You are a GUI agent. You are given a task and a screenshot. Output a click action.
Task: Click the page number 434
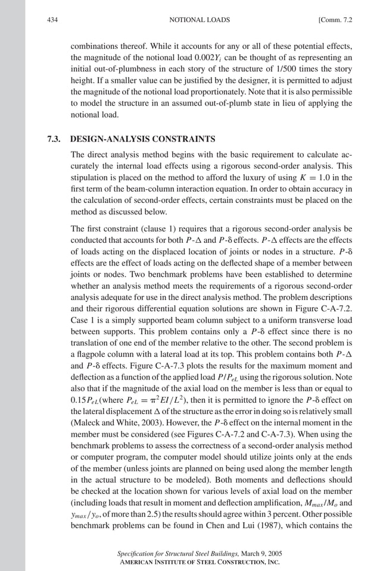pyautogui.click(x=51, y=20)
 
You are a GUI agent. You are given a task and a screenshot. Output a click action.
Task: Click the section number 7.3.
pyautogui.click(x=55, y=140)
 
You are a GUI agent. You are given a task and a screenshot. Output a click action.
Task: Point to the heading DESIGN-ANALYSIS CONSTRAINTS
pyautogui.click(x=142, y=140)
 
